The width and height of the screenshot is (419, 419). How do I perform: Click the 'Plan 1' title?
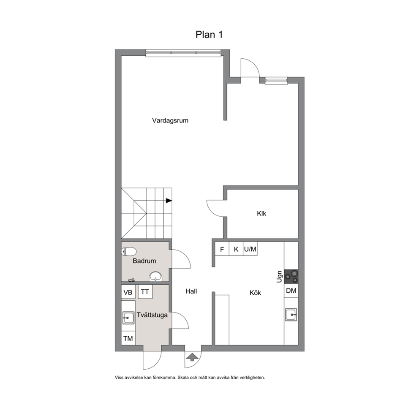tap(209, 35)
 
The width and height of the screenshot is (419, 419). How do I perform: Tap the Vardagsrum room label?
tap(170, 120)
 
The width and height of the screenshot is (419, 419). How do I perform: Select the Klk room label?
tap(261, 213)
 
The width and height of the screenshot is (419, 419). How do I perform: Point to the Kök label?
tap(255, 293)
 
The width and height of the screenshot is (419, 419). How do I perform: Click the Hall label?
tap(191, 291)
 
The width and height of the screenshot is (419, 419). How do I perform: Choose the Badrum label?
tap(144, 261)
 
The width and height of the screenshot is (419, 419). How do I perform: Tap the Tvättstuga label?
tap(152, 315)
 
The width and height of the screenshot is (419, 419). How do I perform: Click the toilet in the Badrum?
tap(129, 251)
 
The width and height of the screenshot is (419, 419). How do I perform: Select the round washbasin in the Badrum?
tap(155, 276)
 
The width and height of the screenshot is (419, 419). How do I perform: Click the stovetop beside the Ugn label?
tap(291, 277)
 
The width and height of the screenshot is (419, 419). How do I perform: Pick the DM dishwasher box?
tap(291, 291)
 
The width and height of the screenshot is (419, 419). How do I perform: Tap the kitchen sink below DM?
tap(291, 315)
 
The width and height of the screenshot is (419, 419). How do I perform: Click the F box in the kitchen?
tap(222, 249)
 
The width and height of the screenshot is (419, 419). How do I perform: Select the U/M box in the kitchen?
tap(250, 249)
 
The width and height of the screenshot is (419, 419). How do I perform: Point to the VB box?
tap(128, 292)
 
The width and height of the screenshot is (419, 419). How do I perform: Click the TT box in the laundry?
tap(145, 292)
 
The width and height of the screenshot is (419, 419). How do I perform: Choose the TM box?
tap(128, 338)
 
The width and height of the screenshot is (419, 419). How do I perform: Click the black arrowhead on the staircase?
tap(169, 200)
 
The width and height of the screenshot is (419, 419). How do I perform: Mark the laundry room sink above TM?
tap(128, 318)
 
